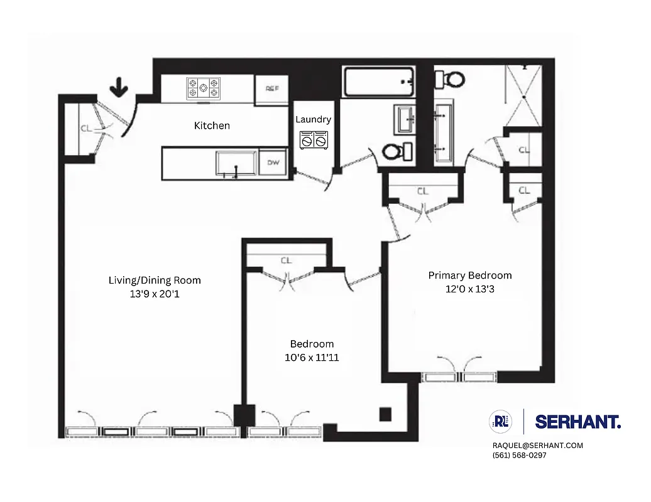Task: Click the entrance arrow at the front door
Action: [x=118, y=87]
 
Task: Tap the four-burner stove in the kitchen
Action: [x=204, y=88]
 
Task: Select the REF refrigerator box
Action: [x=271, y=89]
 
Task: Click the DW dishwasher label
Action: [x=273, y=163]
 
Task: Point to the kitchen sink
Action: [x=236, y=164]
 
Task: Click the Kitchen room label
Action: [x=212, y=125]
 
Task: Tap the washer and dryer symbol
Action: [x=314, y=141]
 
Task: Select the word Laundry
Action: [x=313, y=119]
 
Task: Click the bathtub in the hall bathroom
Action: [x=378, y=82]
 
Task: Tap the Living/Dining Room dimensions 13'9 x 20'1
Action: [x=155, y=292]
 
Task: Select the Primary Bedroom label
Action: [x=470, y=275]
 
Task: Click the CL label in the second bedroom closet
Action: [x=287, y=260]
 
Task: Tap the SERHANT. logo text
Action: [x=577, y=422]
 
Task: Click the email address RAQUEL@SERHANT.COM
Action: [x=537, y=446]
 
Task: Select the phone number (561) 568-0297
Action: [x=519, y=456]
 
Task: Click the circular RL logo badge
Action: [x=501, y=422]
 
